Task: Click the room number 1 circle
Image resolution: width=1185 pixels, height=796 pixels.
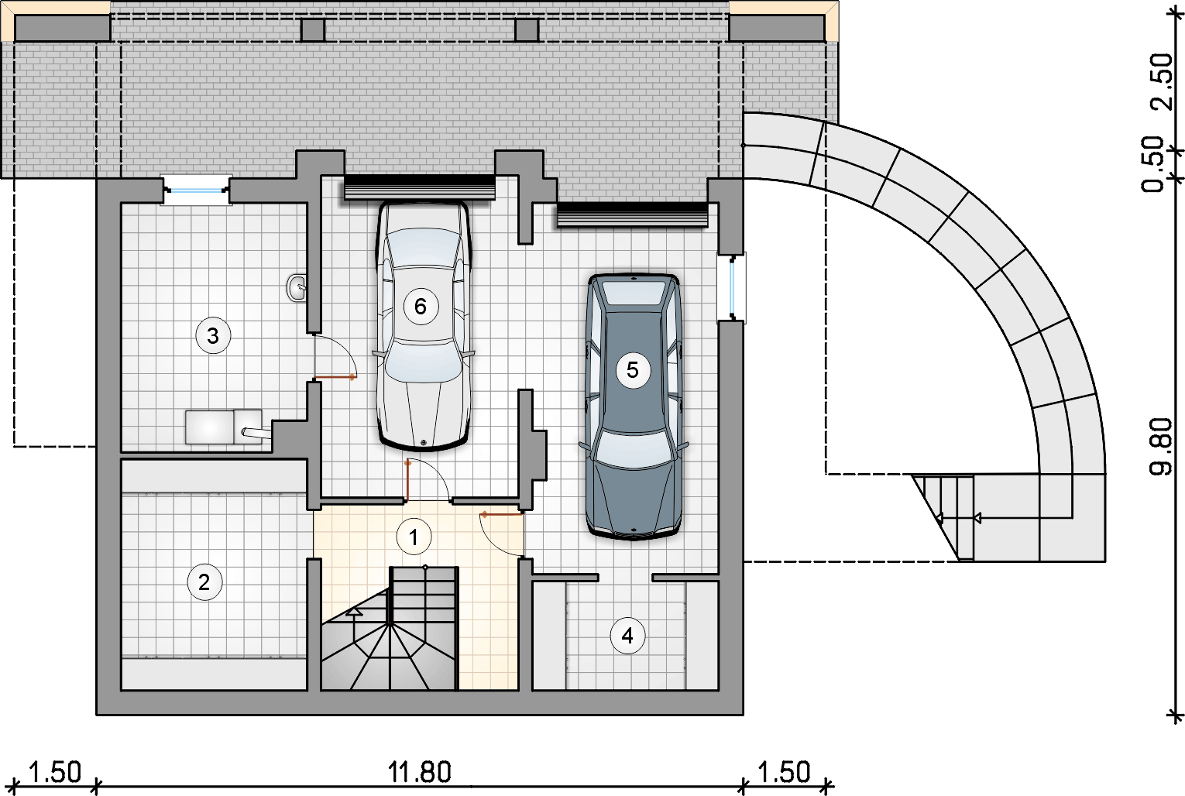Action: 414,537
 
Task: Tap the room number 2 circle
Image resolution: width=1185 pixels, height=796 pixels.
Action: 204,582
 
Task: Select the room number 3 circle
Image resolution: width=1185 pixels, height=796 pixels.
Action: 213,335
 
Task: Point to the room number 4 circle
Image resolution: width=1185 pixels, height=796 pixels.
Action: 627,635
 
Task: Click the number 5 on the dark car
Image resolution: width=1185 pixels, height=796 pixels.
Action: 632,369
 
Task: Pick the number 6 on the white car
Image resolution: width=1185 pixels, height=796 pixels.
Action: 421,306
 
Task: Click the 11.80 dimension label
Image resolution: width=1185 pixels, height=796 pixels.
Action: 420,773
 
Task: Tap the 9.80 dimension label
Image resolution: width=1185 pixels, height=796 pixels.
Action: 1162,446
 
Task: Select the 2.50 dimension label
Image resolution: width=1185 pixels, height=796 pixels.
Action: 1162,81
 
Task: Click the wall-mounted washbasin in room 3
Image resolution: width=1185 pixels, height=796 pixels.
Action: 297,288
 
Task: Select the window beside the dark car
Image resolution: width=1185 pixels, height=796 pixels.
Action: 732,288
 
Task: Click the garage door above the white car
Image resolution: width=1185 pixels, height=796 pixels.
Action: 420,188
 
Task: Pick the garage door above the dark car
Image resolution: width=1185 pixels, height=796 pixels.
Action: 632,215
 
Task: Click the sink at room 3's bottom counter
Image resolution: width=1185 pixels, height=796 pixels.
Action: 249,427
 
